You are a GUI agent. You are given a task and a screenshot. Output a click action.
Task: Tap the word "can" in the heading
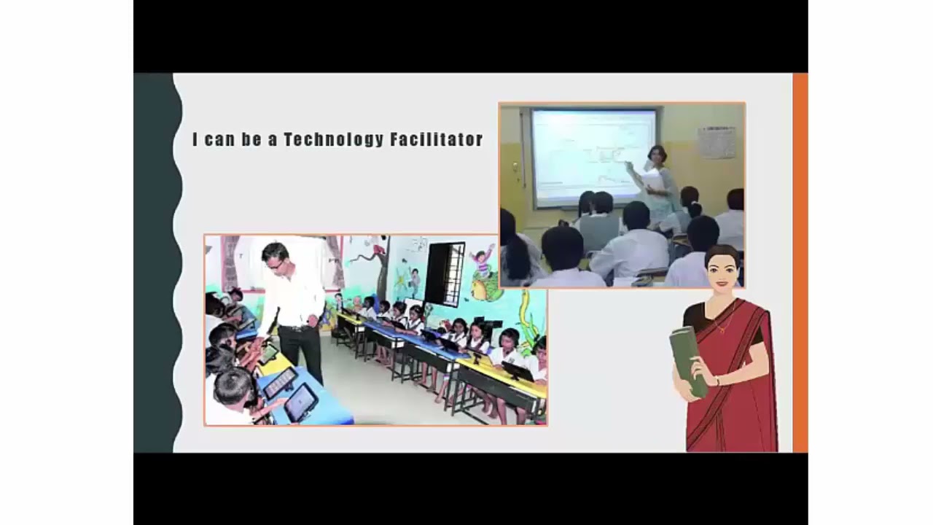219,139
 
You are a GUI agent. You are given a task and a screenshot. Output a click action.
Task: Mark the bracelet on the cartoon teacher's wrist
717,380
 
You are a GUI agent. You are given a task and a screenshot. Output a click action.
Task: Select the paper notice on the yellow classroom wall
717,141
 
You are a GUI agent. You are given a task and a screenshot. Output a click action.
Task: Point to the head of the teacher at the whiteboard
657,155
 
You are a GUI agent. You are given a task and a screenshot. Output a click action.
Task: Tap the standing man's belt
296,328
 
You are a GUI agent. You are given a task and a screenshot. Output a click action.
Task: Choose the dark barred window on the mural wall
445,273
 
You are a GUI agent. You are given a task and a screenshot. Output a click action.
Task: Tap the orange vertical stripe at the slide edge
800,262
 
